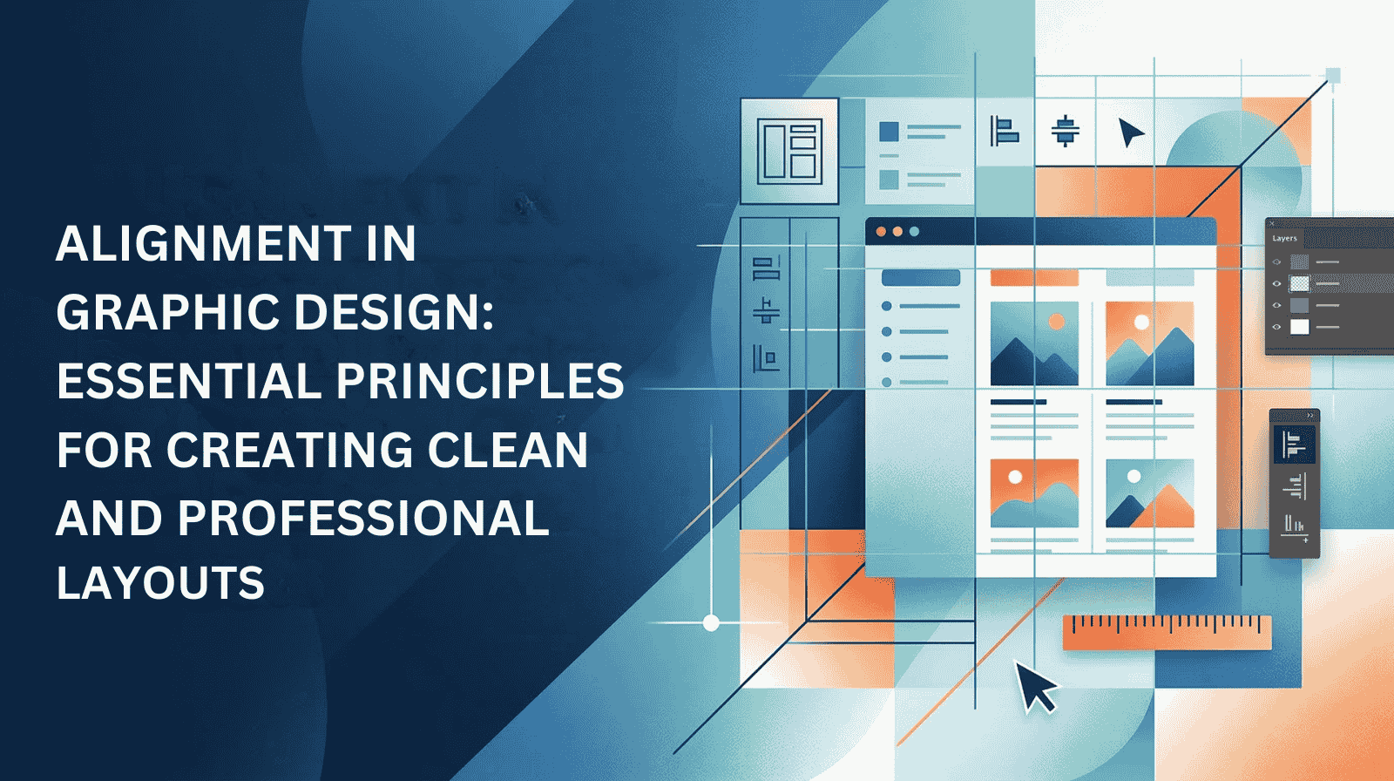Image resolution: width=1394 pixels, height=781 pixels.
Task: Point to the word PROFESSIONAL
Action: (363, 518)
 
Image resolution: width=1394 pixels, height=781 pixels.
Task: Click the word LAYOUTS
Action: (160, 582)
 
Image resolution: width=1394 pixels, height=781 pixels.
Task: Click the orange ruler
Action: (1167, 633)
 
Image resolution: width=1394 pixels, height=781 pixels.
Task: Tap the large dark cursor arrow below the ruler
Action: (1034, 685)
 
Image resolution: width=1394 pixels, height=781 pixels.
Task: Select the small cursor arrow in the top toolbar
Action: (1130, 132)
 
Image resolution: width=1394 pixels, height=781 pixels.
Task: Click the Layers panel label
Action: (1284, 239)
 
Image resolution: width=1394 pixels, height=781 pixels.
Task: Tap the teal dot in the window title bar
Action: (914, 232)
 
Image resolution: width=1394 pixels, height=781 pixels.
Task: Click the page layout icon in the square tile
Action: (789, 152)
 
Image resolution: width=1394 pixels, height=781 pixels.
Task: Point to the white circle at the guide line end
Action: (711, 622)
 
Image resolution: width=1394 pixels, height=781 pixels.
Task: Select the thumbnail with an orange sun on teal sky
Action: (1034, 343)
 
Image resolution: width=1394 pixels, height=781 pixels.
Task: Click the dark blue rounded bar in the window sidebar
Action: (921, 278)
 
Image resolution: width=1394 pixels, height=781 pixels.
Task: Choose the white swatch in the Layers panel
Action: (1299, 327)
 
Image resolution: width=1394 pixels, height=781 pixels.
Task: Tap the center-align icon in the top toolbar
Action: (1066, 131)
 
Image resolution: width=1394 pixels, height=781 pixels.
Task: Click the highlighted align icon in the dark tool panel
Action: (1295, 444)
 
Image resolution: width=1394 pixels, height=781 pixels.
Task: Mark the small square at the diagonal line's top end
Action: (1333, 76)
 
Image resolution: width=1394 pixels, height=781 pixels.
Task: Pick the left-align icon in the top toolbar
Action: (1004, 131)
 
